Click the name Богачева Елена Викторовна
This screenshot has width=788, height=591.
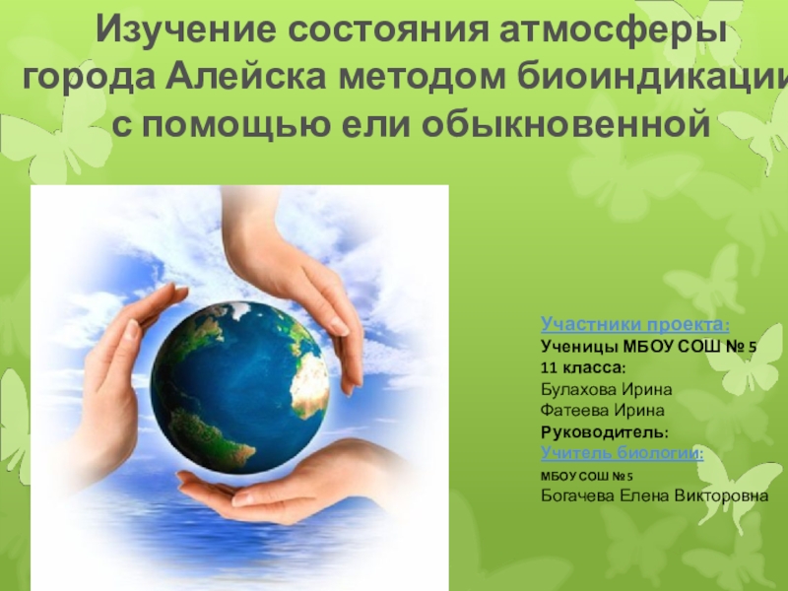coord(654,496)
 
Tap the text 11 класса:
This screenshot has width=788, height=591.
coord(582,367)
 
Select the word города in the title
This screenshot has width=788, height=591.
coord(79,79)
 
